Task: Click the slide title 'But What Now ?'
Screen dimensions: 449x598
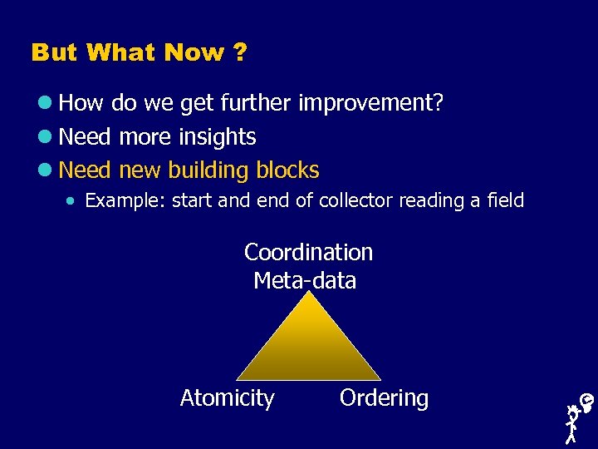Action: pyautogui.click(x=139, y=53)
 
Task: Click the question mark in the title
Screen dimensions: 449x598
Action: pyautogui.click(x=240, y=53)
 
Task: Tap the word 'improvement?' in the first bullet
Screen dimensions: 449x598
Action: pyautogui.click(x=370, y=104)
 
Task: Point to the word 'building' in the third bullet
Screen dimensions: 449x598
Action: pyautogui.click(x=207, y=170)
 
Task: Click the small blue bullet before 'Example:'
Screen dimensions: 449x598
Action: pyautogui.click(x=74, y=201)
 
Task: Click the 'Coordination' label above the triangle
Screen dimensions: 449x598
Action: pyautogui.click(x=308, y=252)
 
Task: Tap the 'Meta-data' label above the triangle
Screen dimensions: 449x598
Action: pyautogui.click(x=305, y=281)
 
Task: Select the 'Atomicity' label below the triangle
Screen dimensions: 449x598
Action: pyautogui.click(x=227, y=398)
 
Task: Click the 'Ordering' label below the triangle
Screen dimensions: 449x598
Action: pyautogui.click(x=384, y=398)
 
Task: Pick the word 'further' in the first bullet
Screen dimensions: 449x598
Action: pyautogui.click(x=257, y=104)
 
